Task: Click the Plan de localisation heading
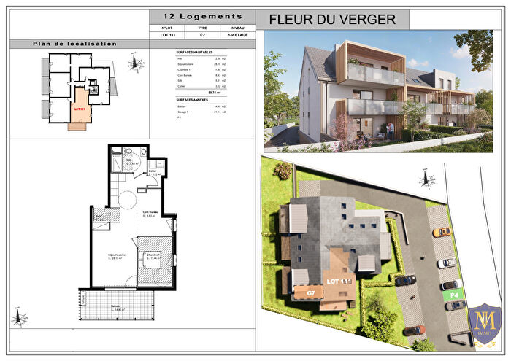(x=74, y=44)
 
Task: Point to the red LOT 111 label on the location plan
(x=80, y=109)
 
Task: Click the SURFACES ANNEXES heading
(x=193, y=100)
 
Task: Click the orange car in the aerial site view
(x=442, y=232)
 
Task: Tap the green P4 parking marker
(x=453, y=295)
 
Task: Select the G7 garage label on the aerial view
(x=310, y=292)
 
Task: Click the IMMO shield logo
(x=484, y=324)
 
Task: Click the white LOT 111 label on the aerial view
(x=339, y=281)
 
